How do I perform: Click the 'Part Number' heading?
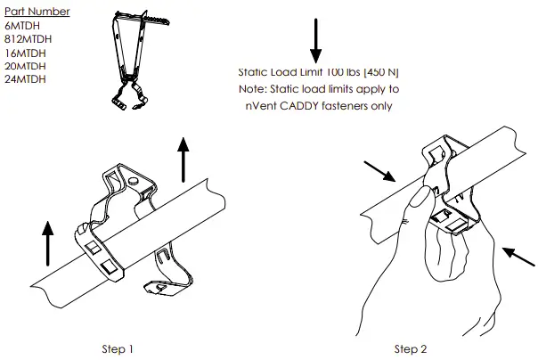pos(37,12)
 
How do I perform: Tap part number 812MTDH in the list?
pos(27,39)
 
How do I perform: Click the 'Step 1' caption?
pos(118,348)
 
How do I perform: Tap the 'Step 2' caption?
pos(412,348)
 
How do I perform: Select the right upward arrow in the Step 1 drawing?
pos(184,159)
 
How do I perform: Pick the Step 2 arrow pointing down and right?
pos(380,172)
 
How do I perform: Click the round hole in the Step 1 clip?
pos(133,182)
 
